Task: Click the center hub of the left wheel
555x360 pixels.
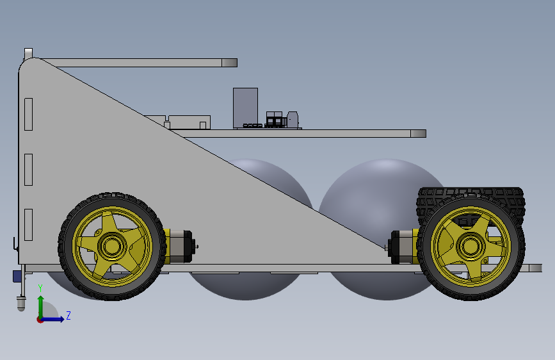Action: [x=112, y=246]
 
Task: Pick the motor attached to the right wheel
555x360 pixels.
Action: [x=403, y=247]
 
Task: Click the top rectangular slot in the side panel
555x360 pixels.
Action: [x=28, y=114]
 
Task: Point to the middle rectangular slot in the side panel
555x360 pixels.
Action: [x=28, y=169]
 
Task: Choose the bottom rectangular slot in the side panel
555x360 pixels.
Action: [x=28, y=225]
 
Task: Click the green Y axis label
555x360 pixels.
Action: [x=40, y=288]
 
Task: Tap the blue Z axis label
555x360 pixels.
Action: [x=68, y=315]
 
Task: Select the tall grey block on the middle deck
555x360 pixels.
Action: [x=245, y=108]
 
